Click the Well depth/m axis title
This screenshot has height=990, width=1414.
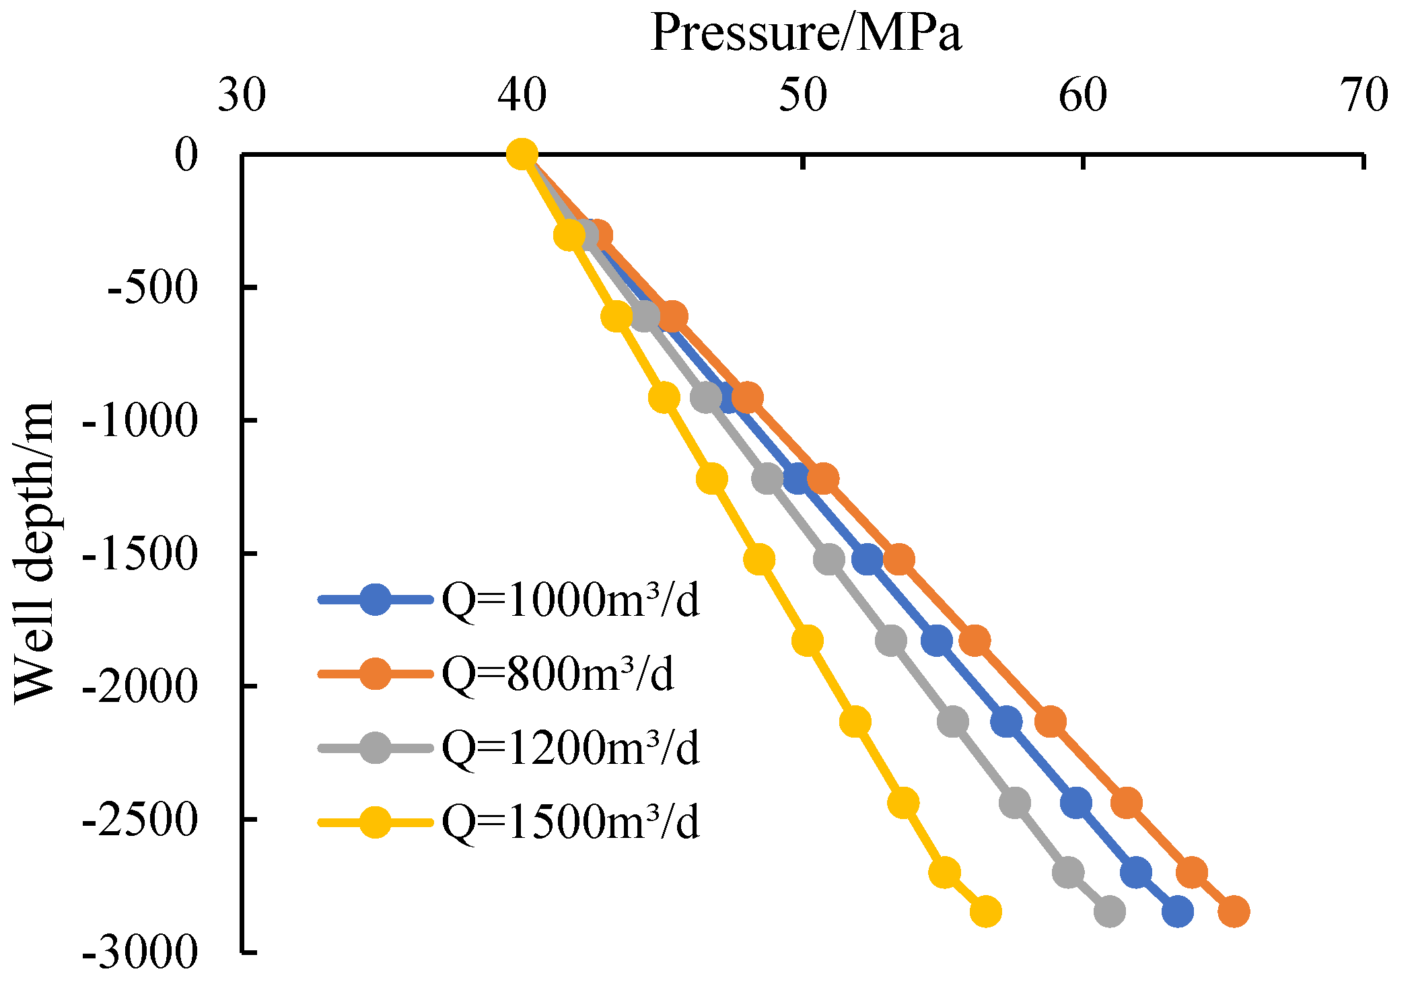[34, 552]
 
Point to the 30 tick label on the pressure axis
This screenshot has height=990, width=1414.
[242, 96]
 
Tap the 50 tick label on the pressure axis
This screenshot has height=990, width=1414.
[802, 96]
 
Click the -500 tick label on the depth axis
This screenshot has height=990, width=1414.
[153, 288]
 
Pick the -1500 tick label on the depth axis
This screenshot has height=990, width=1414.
[139, 554]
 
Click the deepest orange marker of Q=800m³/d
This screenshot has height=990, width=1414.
[1234, 912]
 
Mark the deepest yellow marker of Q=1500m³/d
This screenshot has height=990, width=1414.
[986, 912]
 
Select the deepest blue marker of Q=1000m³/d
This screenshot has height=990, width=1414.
[1177, 912]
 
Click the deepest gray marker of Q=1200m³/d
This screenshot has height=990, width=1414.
[1109, 912]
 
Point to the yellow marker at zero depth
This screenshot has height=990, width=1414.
[522, 155]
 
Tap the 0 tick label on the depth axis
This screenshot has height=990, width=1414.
[186, 155]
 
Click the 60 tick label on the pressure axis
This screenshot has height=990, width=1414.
[1083, 96]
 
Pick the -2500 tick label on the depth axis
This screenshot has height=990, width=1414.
[139, 820]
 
